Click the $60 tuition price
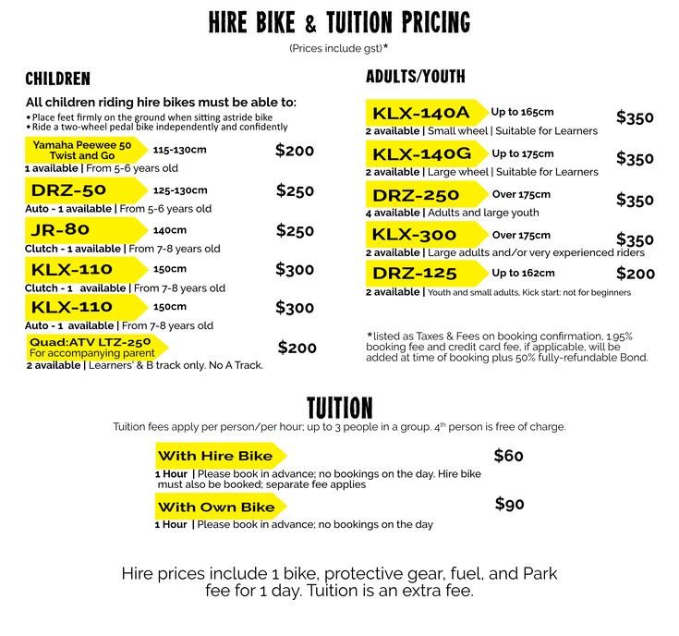(x=509, y=456)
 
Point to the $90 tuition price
(x=509, y=505)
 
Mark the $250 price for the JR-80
(x=295, y=231)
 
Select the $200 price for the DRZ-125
(x=636, y=274)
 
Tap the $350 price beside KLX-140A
(x=636, y=117)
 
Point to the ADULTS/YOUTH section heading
(x=415, y=76)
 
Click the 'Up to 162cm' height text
(x=524, y=273)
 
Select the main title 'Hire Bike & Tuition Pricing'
(x=339, y=21)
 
